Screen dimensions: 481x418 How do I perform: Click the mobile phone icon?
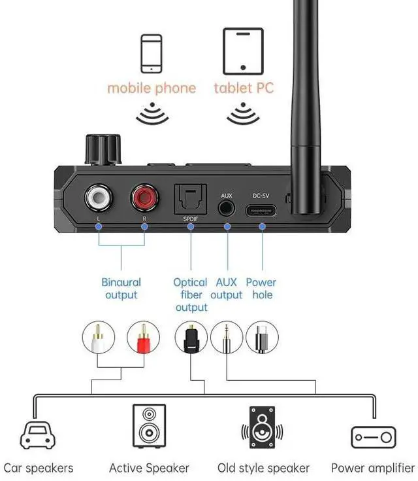pyautogui.click(x=151, y=53)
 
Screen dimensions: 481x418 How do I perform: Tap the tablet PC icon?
pyautogui.click(x=242, y=51)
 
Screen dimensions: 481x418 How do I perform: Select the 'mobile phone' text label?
pyautogui.click(x=152, y=88)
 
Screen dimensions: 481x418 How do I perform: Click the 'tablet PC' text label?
pyautogui.click(x=243, y=88)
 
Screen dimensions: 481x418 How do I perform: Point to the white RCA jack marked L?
pyautogui.click(x=99, y=197)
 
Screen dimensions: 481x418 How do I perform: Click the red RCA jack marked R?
pyautogui.click(x=145, y=197)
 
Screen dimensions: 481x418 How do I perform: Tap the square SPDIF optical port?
pyautogui.click(x=190, y=198)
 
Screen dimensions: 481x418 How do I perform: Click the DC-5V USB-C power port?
pyautogui.click(x=261, y=210)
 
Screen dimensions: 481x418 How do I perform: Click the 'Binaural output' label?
pyautogui.click(x=121, y=289)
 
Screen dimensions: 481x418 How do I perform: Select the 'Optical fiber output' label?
pyautogui.click(x=191, y=294)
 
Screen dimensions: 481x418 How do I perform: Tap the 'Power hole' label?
pyautogui.click(x=261, y=289)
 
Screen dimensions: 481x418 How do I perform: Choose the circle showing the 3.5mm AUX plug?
pyautogui.click(x=226, y=338)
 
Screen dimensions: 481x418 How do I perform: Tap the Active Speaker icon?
pyautogui.click(x=149, y=426)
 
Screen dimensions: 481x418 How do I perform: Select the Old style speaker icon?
pyautogui.click(x=263, y=427)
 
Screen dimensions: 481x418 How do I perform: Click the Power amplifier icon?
pyautogui.click(x=373, y=436)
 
